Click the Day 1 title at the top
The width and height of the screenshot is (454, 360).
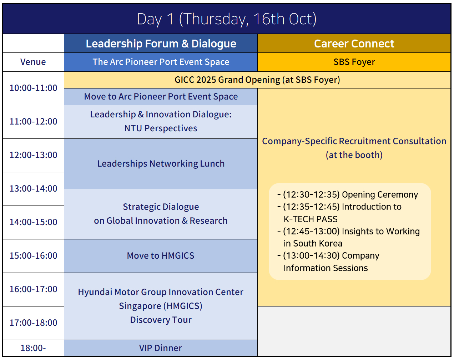pyautogui.click(x=227, y=19)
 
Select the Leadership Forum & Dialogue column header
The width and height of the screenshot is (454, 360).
pyautogui.click(x=161, y=44)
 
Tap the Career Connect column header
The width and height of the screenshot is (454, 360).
pyautogui.click(x=354, y=44)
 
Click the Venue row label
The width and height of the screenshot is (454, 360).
pyautogui.click(x=33, y=62)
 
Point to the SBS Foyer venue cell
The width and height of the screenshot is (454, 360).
pyautogui.click(x=354, y=62)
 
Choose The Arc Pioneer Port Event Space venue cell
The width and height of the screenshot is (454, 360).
pyautogui.click(x=161, y=62)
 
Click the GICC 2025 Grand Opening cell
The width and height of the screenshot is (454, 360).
pyautogui.click(x=257, y=80)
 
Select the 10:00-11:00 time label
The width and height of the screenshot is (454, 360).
pyautogui.click(x=33, y=88)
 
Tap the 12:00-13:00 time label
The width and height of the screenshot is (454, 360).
pyautogui.click(x=33, y=155)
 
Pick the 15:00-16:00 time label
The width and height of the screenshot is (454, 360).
pyautogui.click(x=33, y=255)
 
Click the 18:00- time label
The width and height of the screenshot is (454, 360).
pyautogui.click(x=33, y=348)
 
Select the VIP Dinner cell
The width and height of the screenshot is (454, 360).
pyautogui.click(x=161, y=348)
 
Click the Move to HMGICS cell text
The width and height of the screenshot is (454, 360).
pyautogui.click(x=161, y=255)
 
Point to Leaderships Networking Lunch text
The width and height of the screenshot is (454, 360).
pyautogui.click(x=161, y=164)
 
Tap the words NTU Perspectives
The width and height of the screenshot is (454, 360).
pyautogui.click(x=161, y=128)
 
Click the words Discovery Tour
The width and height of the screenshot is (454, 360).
pyautogui.click(x=161, y=320)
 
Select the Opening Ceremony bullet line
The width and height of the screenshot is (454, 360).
pyautogui.click(x=348, y=195)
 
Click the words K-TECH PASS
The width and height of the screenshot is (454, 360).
pyautogui.click(x=311, y=219)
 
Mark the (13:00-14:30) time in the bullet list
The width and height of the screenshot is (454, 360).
pyautogui.click(x=311, y=255)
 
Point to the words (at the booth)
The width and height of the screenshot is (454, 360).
pyautogui.click(x=354, y=155)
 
